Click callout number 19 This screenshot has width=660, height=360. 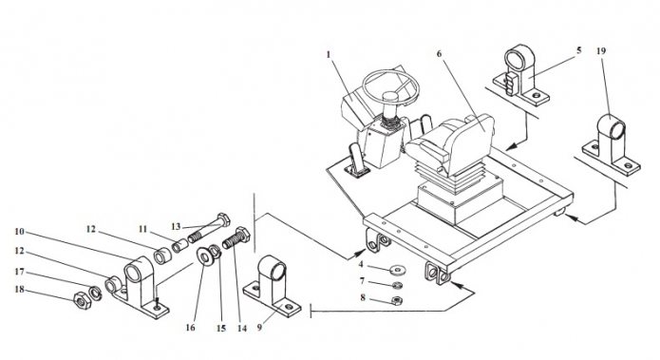pos(601,51)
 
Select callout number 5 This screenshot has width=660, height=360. pos(578,50)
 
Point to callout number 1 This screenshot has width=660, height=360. pos(329,55)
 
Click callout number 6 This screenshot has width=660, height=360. pos(440,54)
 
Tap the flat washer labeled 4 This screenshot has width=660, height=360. pos(397,268)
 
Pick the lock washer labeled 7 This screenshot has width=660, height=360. pos(396,286)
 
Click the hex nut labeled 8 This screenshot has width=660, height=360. pos(396,300)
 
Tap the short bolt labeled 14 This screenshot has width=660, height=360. pos(236,238)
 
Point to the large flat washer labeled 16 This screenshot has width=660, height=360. pos(206,256)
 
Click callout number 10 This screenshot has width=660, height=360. pos(19,232)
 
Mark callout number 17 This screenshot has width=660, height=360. pos(19,272)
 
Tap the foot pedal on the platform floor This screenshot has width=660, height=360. pos(356,160)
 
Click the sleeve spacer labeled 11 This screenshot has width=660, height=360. pos(179,246)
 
